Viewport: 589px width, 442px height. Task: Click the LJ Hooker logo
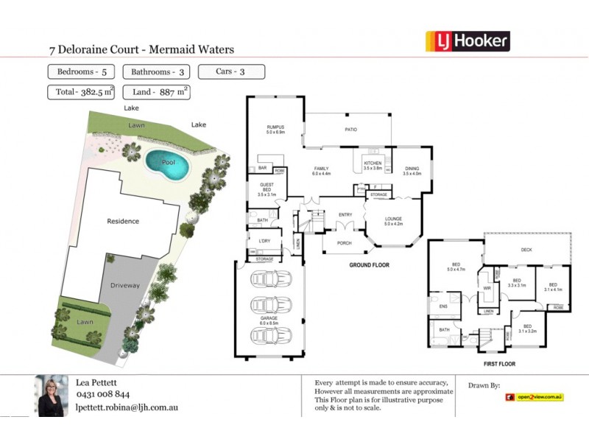pos(468,41)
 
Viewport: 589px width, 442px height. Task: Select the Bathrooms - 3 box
pos(153,72)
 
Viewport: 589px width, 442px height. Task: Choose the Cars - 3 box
pos(231,72)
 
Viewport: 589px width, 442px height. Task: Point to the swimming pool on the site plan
pos(167,164)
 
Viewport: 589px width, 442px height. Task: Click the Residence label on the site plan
pos(123,221)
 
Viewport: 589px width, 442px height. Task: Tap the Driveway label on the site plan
pos(125,285)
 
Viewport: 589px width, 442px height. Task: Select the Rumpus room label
pos(275,130)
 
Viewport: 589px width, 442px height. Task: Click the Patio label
pos(351,130)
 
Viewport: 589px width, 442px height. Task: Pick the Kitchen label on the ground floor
pos(373,164)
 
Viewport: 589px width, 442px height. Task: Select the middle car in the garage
pos(267,306)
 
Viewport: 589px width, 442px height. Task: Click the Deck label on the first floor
pos(526,250)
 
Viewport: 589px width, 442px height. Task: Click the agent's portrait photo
pos(52,396)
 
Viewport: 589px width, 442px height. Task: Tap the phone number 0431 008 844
pos(103,394)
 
